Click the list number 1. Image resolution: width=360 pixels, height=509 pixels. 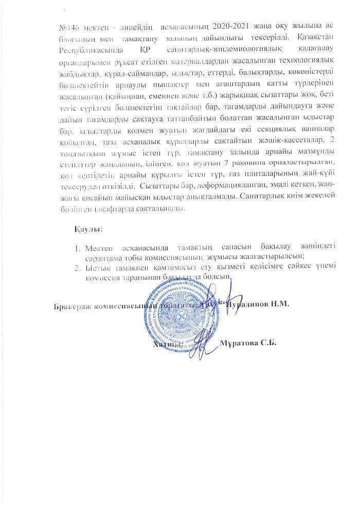(78, 247)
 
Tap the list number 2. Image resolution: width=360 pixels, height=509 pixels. (78, 267)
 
